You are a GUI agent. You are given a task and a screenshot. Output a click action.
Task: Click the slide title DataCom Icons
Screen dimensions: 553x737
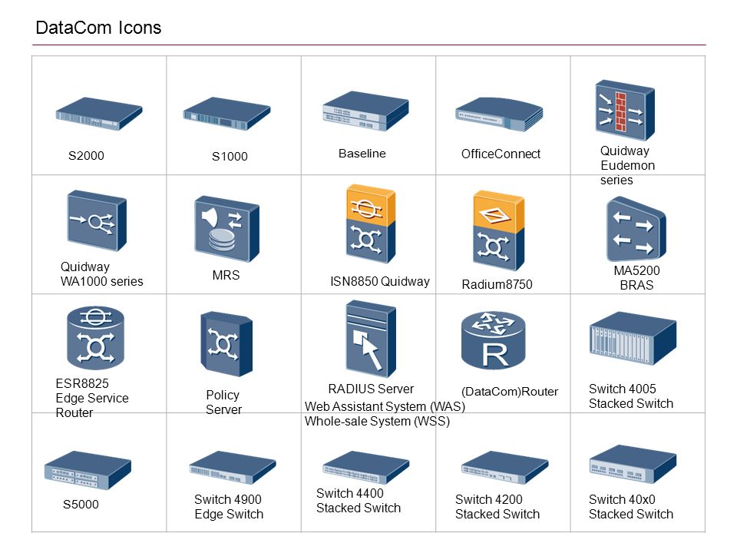(x=98, y=28)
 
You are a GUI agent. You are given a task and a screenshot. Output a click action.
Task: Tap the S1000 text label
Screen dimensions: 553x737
(x=230, y=157)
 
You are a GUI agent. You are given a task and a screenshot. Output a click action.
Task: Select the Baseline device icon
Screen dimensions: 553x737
(x=365, y=112)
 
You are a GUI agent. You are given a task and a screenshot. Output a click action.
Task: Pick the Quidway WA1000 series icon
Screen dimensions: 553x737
(x=96, y=220)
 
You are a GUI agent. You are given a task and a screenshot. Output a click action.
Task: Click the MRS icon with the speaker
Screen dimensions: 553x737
(x=226, y=228)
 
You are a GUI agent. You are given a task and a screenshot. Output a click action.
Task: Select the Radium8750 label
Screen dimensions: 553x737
(x=497, y=285)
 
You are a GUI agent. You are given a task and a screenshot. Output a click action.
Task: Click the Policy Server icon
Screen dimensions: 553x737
(x=226, y=343)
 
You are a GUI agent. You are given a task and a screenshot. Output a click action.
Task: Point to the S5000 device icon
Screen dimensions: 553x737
(x=87, y=470)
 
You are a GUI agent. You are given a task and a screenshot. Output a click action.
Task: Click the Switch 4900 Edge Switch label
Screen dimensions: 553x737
(x=228, y=507)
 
